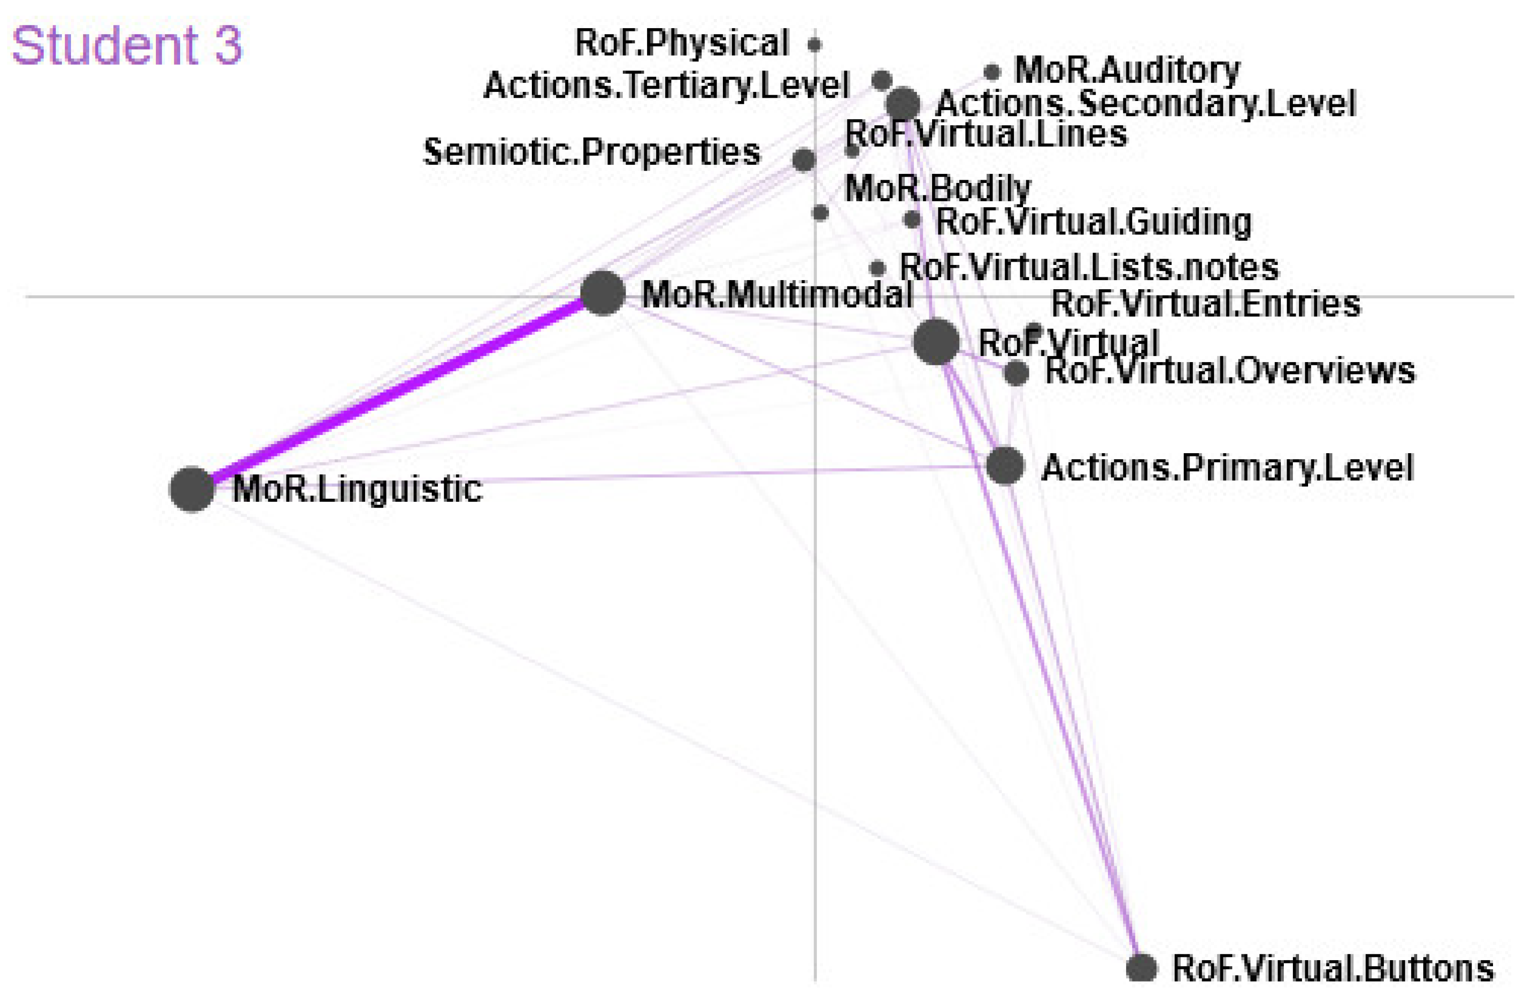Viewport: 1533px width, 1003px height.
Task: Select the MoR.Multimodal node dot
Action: (x=602, y=293)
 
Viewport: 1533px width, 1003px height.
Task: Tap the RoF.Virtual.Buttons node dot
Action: (x=1141, y=968)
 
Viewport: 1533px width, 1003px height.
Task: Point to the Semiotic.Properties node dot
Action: (x=803, y=159)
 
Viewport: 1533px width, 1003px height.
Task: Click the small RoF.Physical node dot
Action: (x=814, y=44)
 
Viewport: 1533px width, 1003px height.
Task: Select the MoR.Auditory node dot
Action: (x=992, y=72)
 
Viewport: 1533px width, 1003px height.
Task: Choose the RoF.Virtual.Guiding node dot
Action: (x=912, y=220)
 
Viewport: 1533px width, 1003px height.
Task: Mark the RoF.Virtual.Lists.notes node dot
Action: (x=877, y=268)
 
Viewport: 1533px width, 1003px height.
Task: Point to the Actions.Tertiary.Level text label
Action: (x=666, y=85)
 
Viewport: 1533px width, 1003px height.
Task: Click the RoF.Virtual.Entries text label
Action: (x=1206, y=304)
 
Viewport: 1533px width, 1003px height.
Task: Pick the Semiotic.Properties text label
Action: (x=591, y=152)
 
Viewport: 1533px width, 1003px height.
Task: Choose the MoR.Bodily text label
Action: (x=937, y=188)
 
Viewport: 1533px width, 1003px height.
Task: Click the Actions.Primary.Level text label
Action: (x=1228, y=468)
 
